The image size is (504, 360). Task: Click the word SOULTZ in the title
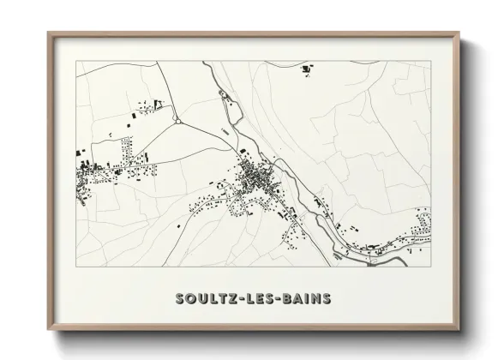point(201,299)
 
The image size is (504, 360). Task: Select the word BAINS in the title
point(304,299)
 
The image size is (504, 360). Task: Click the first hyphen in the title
point(235,299)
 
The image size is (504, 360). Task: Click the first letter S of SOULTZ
point(180,299)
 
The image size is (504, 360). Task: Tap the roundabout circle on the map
point(177,122)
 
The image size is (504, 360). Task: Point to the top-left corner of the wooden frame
point(49,33)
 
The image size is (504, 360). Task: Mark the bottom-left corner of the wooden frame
point(49,327)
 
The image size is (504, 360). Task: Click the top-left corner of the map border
point(76,61)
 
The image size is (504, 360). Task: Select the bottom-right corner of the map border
point(431,267)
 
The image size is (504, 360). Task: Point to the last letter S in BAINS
point(326,299)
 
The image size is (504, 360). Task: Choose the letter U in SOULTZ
point(202,299)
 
